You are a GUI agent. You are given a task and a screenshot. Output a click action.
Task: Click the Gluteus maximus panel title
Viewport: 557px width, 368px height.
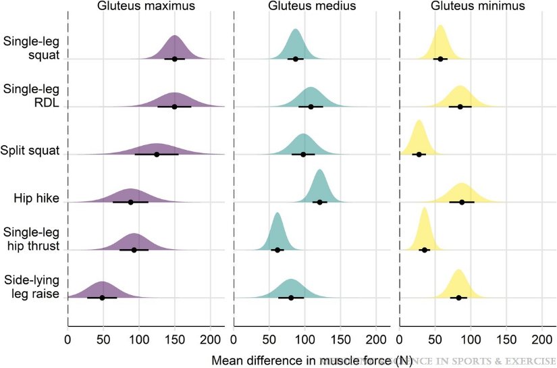tap(146, 7)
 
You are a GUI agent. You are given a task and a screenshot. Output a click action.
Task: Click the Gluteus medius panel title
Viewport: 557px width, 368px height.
tap(311, 7)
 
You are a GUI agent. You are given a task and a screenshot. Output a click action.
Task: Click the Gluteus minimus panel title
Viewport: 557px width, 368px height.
tap(477, 7)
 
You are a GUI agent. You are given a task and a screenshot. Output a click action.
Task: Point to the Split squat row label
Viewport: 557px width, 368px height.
tap(30, 151)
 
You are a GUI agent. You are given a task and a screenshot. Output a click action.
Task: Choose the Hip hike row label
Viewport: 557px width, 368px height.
tap(36, 199)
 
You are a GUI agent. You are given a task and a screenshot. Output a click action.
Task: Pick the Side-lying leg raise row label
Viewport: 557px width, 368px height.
tap(31, 287)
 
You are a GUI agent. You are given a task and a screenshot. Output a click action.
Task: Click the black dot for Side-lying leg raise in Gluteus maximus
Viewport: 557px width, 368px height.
tap(102, 298)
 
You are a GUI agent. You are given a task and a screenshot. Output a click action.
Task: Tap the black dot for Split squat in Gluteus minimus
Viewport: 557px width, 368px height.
tap(419, 155)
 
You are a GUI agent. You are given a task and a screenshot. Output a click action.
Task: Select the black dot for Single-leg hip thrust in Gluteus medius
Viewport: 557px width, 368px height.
tap(277, 250)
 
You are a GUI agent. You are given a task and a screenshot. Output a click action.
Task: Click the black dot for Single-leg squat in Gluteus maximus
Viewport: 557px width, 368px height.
tap(175, 59)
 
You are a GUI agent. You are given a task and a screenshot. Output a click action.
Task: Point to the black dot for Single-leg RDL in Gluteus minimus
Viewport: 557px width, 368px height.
tap(460, 107)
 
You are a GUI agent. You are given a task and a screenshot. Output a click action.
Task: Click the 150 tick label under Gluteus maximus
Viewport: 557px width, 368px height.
tap(175, 339)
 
